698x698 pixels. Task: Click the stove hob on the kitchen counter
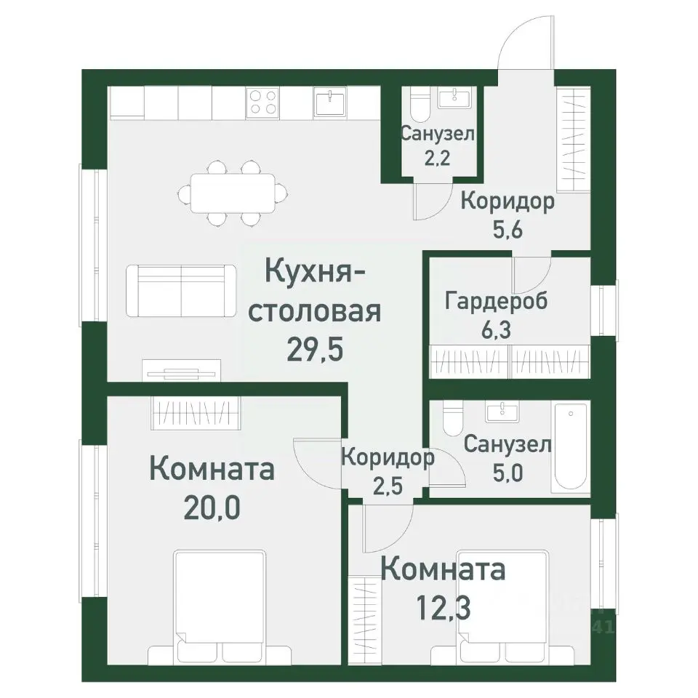[263, 101]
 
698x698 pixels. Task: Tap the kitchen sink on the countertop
[331, 101]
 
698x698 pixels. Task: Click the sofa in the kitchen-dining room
[181, 290]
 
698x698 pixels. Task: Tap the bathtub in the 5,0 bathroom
[571, 449]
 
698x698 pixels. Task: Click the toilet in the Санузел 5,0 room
[452, 419]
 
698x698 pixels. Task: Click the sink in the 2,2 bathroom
[457, 98]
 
